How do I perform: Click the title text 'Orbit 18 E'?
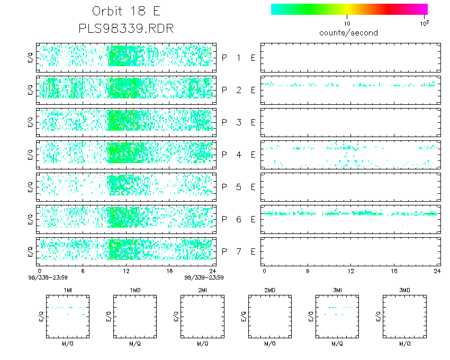[126, 12]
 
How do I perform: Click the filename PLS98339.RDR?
[126, 28]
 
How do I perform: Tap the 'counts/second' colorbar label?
[348, 33]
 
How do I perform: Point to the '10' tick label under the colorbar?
[347, 24]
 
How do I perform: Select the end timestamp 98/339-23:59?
[204, 277]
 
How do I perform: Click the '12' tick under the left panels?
[126, 271]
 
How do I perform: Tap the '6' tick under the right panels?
[308, 271]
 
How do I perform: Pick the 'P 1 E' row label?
[238, 58]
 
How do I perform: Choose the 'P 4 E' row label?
[238, 155]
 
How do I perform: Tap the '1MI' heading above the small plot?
[68, 290]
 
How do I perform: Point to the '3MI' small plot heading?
[337, 290]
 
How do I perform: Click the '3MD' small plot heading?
[404, 290]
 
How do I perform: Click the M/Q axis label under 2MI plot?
[202, 344]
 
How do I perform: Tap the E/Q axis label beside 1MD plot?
[109, 317]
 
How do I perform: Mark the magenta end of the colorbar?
[424, 9]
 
